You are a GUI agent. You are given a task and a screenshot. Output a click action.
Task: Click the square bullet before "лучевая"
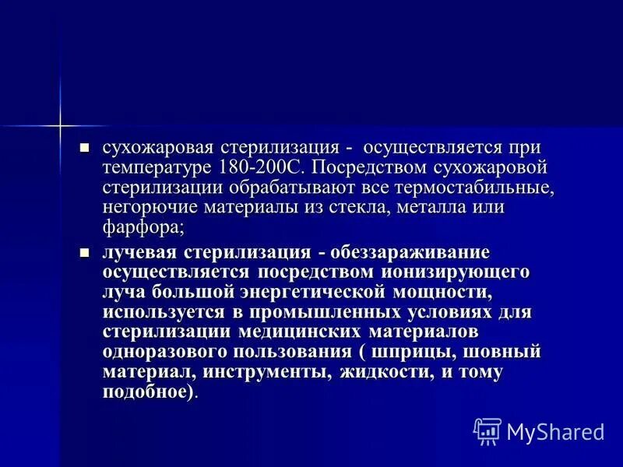[86, 251]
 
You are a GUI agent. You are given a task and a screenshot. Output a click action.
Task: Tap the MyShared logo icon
[487, 431]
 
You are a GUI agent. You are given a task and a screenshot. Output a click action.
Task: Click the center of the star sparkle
[59, 125]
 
